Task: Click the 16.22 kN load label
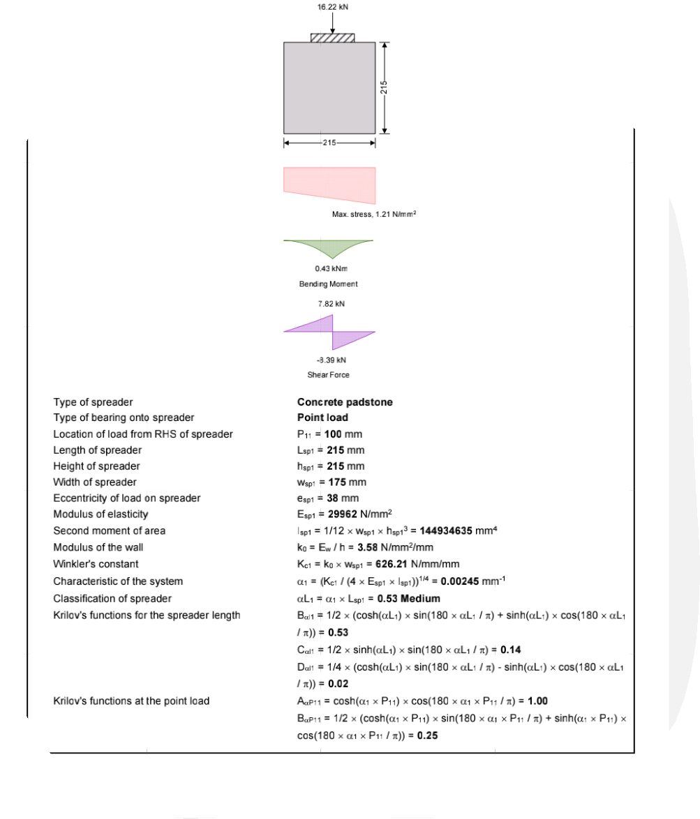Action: tap(333, 7)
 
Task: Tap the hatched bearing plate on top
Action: tap(333, 38)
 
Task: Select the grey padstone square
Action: tap(329, 88)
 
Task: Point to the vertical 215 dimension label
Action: tap(384, 87)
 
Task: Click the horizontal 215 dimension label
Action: tap(329, 143)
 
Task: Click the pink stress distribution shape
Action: tap(329, 185)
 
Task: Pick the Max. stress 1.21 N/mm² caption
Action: tap(374, 214)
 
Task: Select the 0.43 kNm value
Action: tap(332, 268)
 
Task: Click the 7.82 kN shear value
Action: tap(332, 303)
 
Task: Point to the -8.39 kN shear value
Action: tap(332, 360)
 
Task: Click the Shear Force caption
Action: tap(329, 374)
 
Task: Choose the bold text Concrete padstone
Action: tap(345, 402)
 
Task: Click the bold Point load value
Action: tap(322, 418)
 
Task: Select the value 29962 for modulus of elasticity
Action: tap(343, 514)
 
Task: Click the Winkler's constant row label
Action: tap(96, 564)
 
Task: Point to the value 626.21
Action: tap(392, 564)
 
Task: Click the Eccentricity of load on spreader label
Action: tap(126, 498)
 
